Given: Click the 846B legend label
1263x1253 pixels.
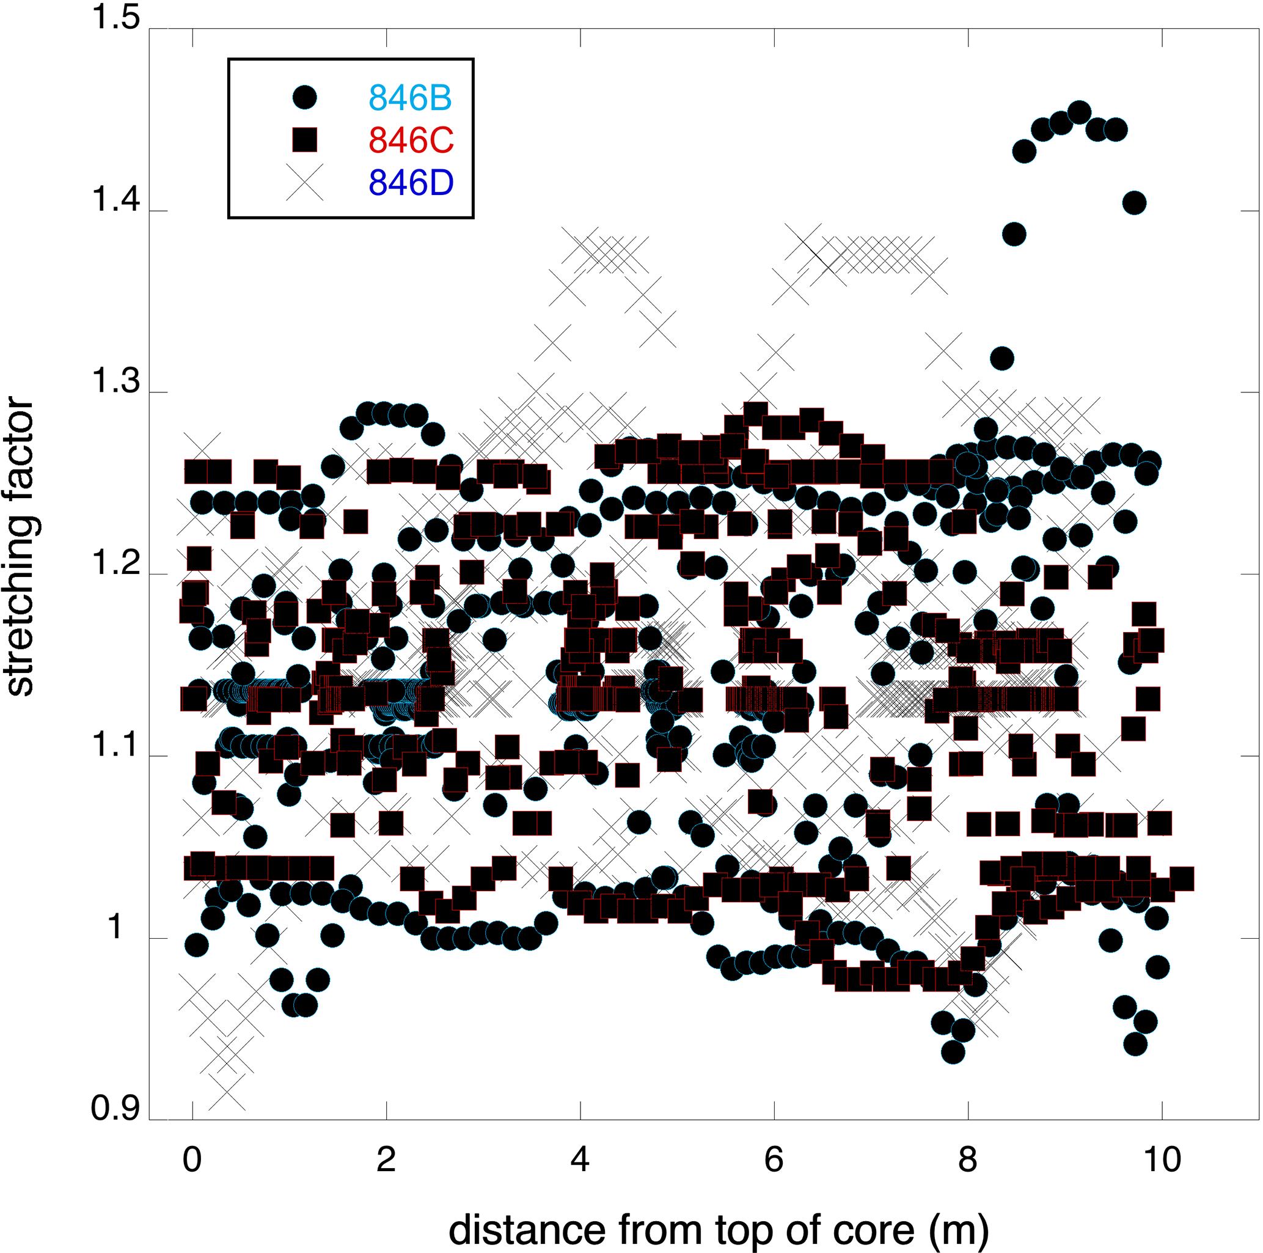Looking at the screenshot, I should (x=410, y=97).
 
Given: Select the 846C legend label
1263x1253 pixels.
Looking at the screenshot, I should (x=411, y=140).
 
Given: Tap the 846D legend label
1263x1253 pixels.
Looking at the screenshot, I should (x=411, y=183).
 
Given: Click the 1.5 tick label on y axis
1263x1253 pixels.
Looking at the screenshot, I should (x=115, y=18).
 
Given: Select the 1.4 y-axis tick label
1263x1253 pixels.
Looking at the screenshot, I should (x=115, y=199).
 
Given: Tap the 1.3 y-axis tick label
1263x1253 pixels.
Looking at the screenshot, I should (x=115, y=381).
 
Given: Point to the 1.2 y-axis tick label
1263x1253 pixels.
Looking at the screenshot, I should (x=115, y=563).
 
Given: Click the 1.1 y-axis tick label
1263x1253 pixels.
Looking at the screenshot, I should (x=115, y=745).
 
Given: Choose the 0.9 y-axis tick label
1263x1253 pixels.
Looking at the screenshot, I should (x=115, y=1109).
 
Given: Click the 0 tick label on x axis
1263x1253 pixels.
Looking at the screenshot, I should (x=192, y=1159).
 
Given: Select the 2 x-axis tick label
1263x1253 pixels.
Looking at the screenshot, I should (x=386, y=1159).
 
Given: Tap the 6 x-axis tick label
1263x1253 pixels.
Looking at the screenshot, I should (x=774, y=1159).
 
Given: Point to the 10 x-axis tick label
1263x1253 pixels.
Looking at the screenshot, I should (x=1162, y=1159).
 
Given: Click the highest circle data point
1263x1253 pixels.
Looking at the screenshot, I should (x=1078, y=112).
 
